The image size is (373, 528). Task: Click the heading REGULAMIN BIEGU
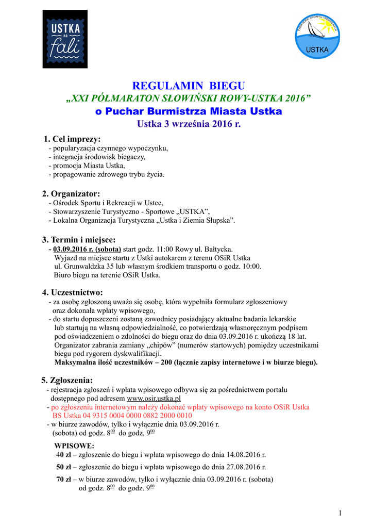click(x=189, y=86)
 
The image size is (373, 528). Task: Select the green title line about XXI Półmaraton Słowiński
click(x=189, y=98)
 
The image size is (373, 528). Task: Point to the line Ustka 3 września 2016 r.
click(x=189, y=124)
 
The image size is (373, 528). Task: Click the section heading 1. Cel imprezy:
click(x=72, y=139)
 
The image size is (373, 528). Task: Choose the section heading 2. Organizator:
click(x=71, y=193)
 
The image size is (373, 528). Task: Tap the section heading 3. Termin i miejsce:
click(x=79, y=239)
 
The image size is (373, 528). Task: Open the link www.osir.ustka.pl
click(x=154, y=399)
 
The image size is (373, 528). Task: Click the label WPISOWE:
click(x=74, y=445)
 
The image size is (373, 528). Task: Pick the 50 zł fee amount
click(x=63, y=467)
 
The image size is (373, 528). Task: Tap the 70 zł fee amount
click(x=63, y=479)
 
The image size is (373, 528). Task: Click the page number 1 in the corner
click(x=341, y=512)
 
